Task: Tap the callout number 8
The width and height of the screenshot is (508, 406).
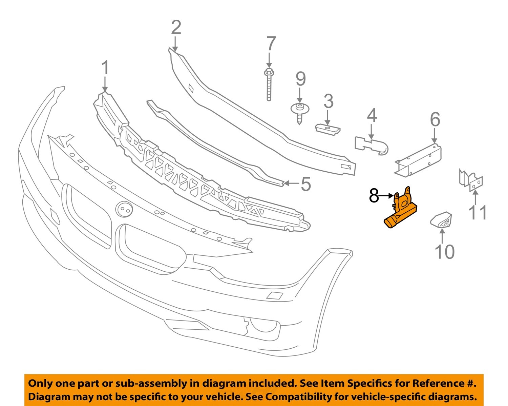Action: click(374, 196)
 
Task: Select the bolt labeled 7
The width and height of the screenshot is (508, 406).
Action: click(269, 85)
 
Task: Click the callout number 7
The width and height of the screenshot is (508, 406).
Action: click(271, 44)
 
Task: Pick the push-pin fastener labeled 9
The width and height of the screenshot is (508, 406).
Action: click(299, 112)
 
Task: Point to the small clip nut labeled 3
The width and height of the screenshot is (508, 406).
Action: click(327, 129)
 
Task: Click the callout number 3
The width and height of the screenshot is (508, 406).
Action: click(328, 101)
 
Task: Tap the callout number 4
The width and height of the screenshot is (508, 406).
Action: click(372, 116)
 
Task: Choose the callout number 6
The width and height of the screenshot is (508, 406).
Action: click(435, 120)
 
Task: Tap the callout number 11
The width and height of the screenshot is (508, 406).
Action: click(478, 213)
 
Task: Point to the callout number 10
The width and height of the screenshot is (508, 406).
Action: click(444, 252)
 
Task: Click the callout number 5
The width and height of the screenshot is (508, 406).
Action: click(305, 184)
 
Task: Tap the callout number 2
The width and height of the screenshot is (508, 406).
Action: click(176, 28)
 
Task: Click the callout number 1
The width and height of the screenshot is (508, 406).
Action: click(105, 68)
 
